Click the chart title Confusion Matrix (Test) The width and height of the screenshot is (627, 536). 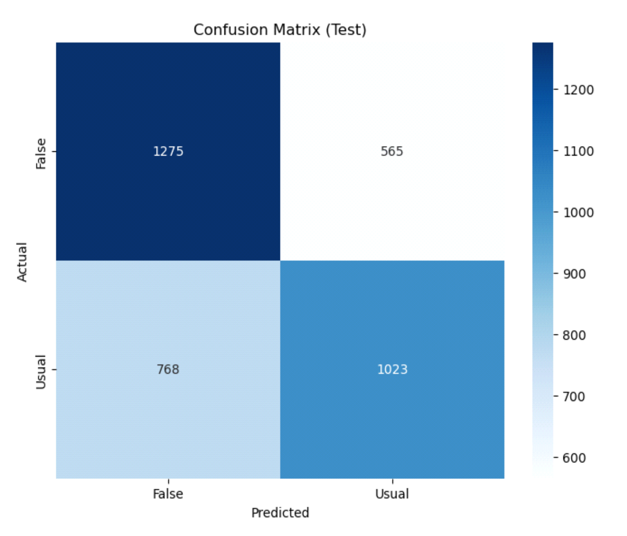(280, 30)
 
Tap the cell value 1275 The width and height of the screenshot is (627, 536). (168, 151)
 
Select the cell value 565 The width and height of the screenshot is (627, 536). (392, 151)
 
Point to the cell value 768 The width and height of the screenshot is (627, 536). (168, 369)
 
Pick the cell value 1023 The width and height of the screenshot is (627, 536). (392, 369)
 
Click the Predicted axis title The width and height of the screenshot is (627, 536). (280, 512)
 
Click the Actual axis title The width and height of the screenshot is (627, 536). (22, 262)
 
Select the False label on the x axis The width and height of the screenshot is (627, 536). (168, 494)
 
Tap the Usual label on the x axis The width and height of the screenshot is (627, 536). (392, 494)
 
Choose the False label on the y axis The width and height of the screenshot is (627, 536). (41, 153)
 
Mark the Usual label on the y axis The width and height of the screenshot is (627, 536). (41, 372)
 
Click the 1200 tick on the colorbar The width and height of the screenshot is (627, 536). (578, 90)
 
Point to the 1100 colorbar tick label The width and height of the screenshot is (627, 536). (578, 151)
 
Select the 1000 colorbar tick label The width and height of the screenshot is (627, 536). (578, 212)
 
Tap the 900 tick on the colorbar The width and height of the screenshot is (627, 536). (575, 274)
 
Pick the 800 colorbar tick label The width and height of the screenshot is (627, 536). (575, 335)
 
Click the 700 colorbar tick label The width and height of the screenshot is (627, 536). (575, 396)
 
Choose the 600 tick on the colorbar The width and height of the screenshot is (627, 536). (575, 458)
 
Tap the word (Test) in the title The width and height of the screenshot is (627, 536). (346, 30)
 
